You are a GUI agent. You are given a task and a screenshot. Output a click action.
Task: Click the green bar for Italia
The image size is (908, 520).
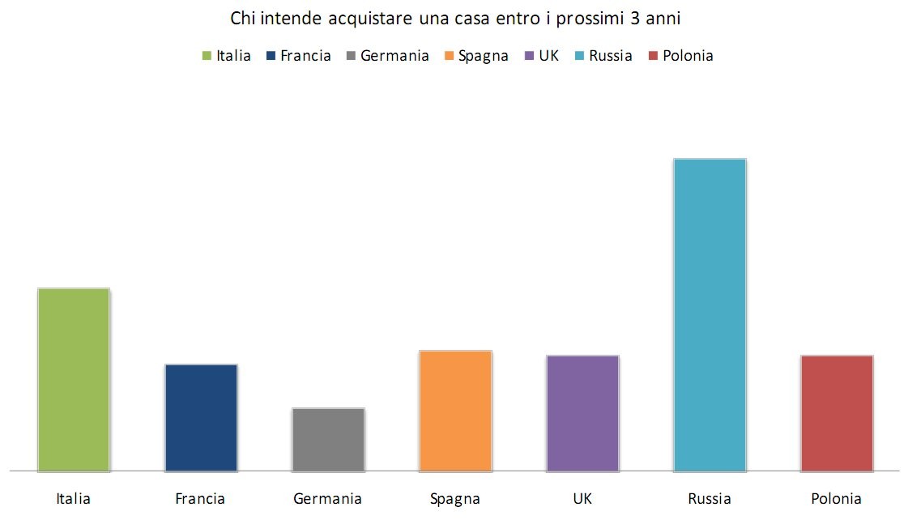[x=74, y=379]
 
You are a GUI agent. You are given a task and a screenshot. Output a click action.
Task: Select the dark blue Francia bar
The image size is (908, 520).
[x=201, y=417]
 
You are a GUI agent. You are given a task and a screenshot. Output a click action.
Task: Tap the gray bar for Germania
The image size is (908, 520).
[x=328, y=439]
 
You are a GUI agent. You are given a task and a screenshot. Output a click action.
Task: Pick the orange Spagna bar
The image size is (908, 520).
[x=455, y=410]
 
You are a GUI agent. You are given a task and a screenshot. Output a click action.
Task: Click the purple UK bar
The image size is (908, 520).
[x=582, y=412]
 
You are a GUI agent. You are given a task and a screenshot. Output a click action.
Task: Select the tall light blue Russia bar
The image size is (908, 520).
[x=710, y=314]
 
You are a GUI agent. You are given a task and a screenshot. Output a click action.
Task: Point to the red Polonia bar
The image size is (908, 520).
[x=837, y=412]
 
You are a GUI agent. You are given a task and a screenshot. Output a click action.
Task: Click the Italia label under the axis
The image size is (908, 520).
[x=74, y=499]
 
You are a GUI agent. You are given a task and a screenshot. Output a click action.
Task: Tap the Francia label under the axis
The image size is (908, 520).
[x=200, y=499]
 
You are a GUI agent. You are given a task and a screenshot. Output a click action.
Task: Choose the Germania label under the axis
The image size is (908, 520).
[x=327, y=499]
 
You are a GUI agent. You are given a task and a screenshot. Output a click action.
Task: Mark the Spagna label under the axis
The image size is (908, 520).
[x=455, y=499]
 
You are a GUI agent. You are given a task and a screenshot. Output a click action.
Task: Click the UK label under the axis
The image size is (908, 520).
[x=582, y=499]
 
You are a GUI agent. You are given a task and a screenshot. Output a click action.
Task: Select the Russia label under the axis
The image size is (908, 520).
[x=710, y=499]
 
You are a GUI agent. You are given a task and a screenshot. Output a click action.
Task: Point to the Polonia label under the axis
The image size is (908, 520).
[x=836, y=499]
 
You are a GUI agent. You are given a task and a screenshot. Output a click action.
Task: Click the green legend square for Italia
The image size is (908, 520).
[x=207, y=57]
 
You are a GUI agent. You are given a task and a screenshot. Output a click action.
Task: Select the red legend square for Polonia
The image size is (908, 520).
[x=653, y=57]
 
